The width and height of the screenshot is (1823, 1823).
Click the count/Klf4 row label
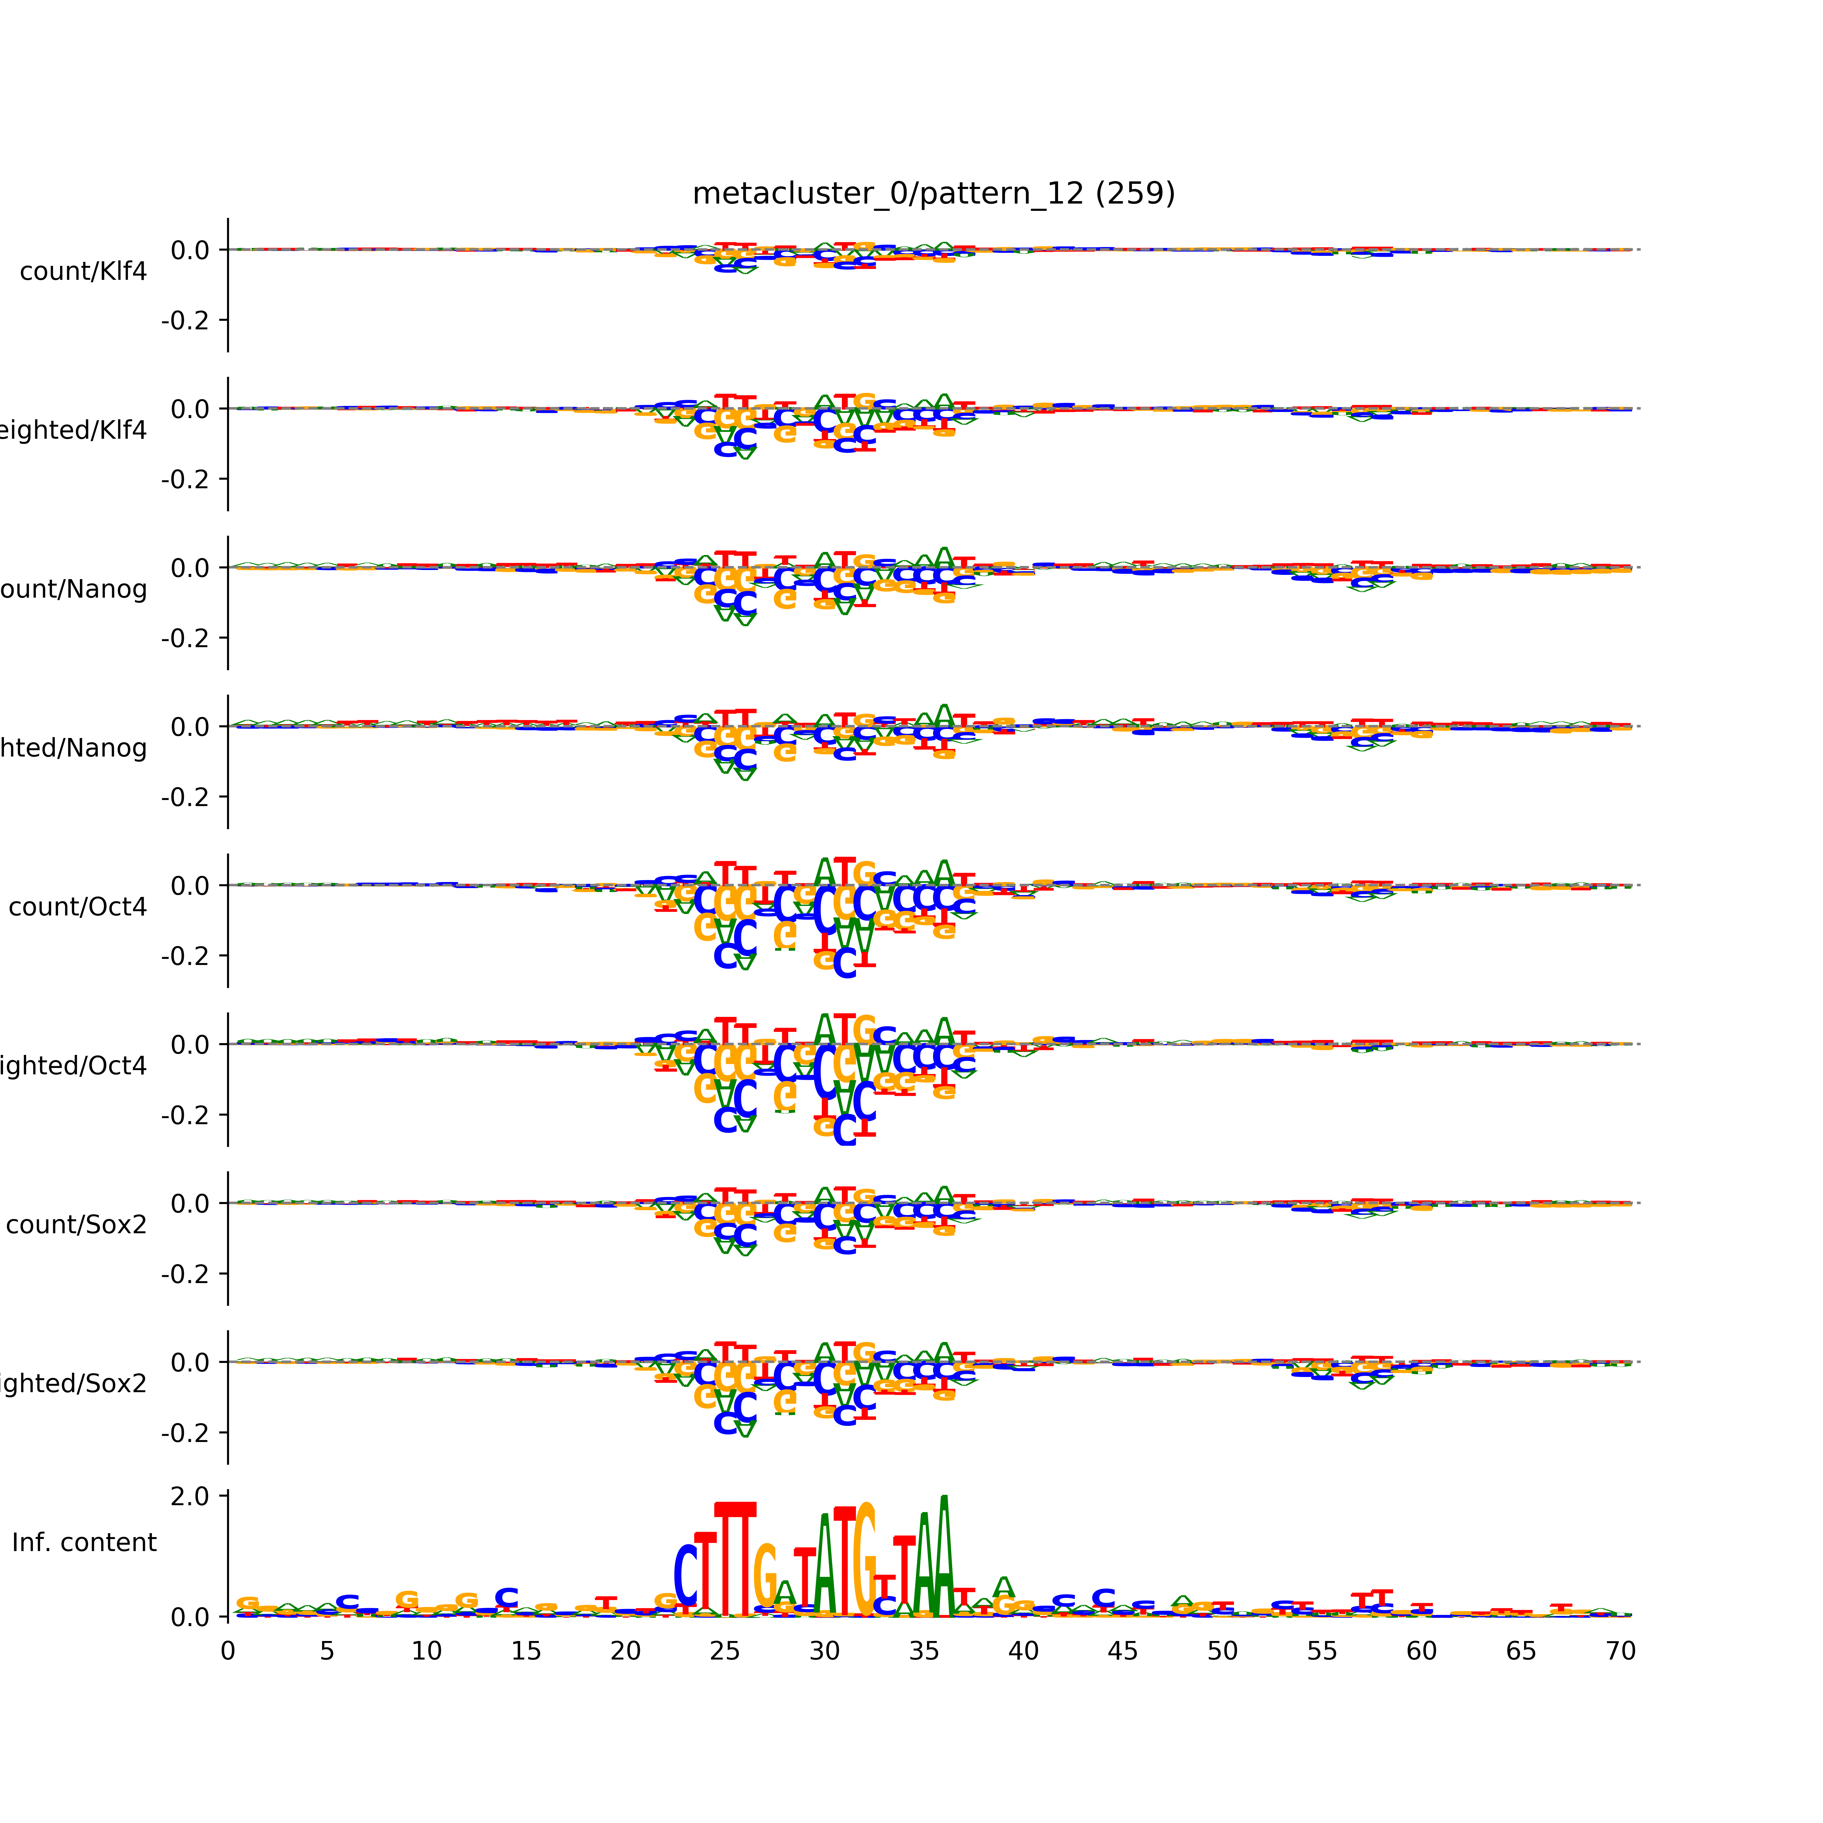83,272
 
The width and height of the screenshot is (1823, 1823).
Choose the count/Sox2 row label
77,1225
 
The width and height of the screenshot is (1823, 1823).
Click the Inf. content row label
84,1543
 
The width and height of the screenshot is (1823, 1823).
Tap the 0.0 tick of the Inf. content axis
190,1617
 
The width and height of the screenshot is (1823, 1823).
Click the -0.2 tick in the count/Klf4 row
185,321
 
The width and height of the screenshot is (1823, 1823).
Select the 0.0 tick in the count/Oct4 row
190,886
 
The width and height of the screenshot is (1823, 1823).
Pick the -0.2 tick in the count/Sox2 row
185,1274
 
